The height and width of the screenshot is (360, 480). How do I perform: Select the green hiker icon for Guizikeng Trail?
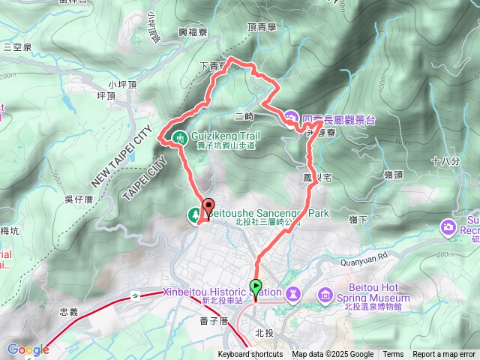(x=180, y=137)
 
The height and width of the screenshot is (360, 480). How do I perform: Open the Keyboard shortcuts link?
(x=250, y=355)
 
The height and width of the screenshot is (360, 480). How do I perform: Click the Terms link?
(x=393, y=355)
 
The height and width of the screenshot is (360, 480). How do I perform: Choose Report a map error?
(x=444, y=355)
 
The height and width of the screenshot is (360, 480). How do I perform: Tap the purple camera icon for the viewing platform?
(x=291, y=118)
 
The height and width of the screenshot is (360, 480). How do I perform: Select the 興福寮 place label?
(x=193, y=32)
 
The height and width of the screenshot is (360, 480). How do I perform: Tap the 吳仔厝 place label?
(x=78, y=199)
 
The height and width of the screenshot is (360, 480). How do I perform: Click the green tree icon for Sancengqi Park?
(x=194, y=215)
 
